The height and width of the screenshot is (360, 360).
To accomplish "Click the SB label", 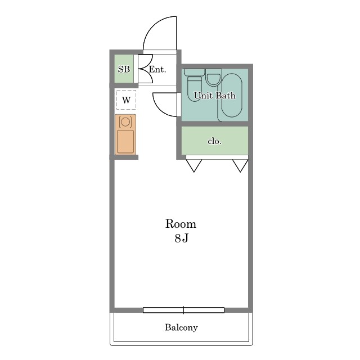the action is click(x=124, y=69).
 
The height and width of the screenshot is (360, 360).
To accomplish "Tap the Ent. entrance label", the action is click(x=157, y=69).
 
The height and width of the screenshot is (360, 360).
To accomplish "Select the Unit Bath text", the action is click(x=215, y=96).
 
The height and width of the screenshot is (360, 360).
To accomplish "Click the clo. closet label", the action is click(x=215, y=141).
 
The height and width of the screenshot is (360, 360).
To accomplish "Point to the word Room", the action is click(x=181, y=224).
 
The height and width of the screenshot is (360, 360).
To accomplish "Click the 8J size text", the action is click(x=181, y=238).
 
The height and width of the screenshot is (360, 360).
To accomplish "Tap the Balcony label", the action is click(x=181, y=327).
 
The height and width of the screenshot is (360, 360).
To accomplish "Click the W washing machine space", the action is click(x=126, y=100).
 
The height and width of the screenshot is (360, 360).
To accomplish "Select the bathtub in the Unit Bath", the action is click(x=232, y=95).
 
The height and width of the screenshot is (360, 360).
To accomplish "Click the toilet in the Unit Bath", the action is click(x=195, y=85).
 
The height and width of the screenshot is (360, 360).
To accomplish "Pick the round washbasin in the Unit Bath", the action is click(x=214, y=78).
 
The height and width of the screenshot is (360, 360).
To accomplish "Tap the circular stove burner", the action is click(x=125, y=122).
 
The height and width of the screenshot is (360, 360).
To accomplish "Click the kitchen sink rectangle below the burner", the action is click(x=125, y=142).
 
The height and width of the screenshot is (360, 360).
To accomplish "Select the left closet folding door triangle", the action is click(x=194, y=165).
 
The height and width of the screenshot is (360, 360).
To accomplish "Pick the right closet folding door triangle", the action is click(x=240, y=165).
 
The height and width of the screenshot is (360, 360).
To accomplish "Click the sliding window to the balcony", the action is click(x=184, y=310).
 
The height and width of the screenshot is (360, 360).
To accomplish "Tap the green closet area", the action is click(x=215, y=141).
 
